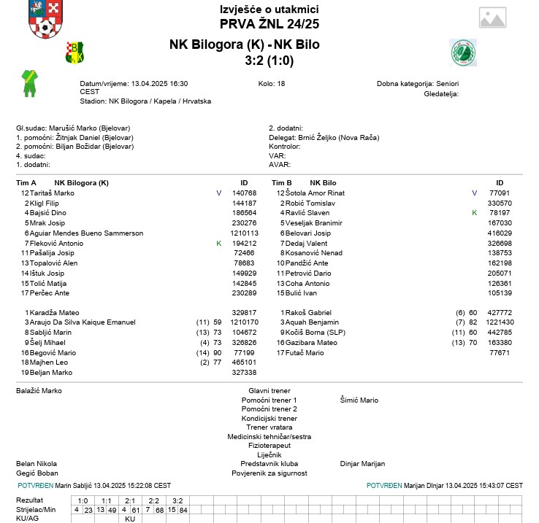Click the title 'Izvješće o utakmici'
269,9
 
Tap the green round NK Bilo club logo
463,53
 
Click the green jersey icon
28,83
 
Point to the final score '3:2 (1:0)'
269,61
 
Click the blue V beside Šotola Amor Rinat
474,193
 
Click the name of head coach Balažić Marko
39,391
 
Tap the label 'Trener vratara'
269,427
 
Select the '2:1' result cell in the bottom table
130,500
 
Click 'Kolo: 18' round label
272,84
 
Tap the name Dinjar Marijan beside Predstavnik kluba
362,464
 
